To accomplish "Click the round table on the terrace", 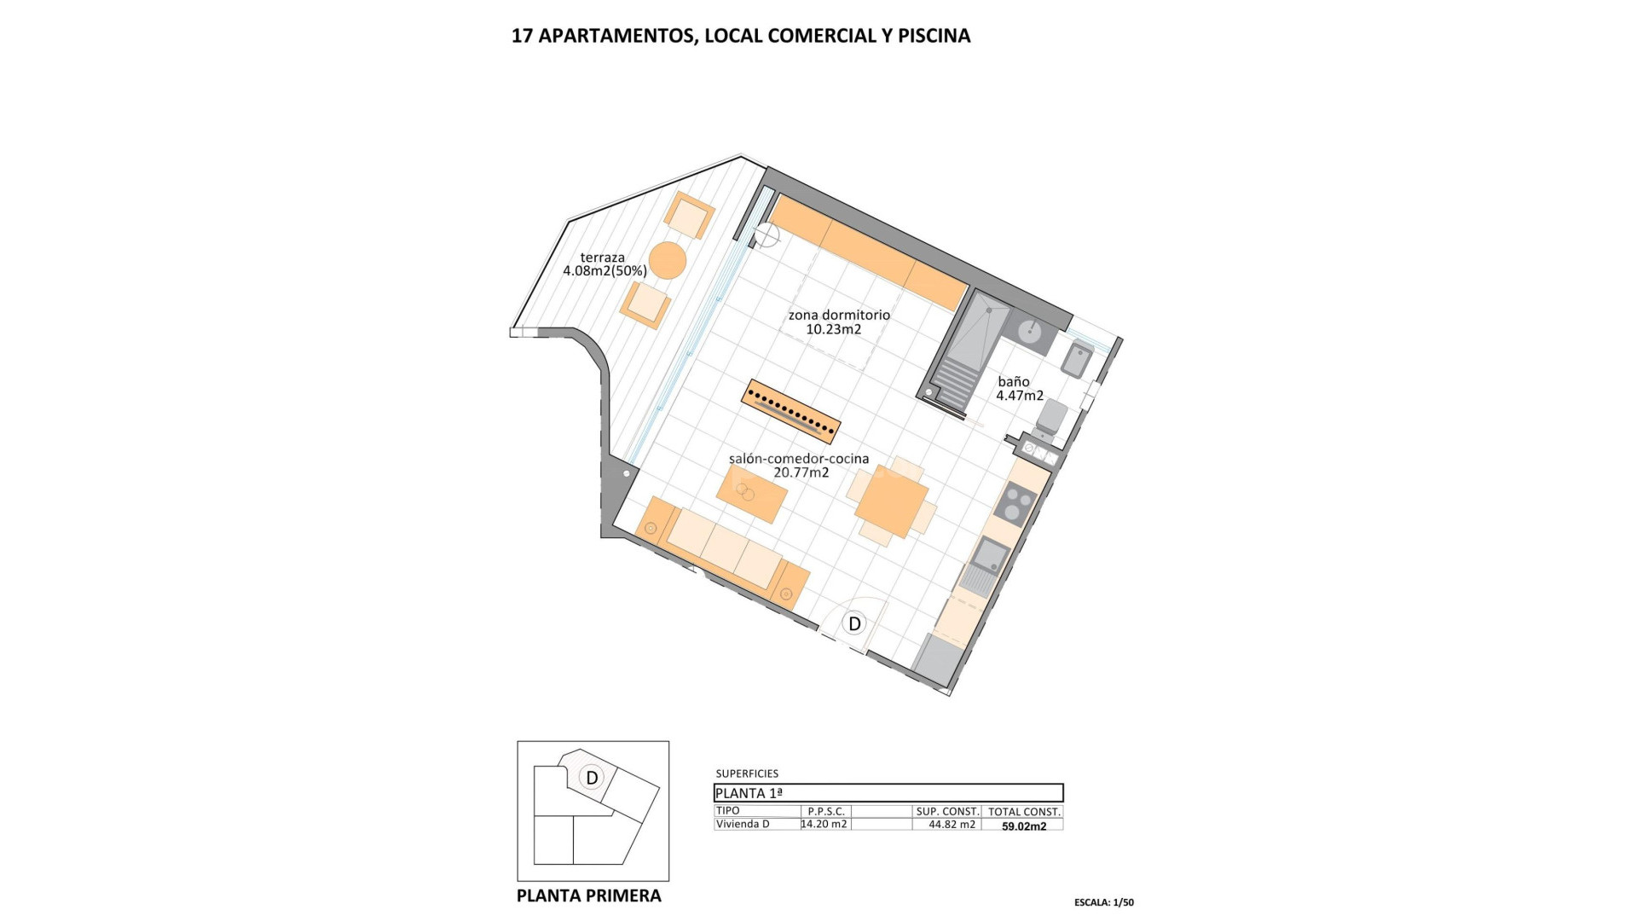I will click(667, 260).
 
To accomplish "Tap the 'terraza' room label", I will click(603, 258).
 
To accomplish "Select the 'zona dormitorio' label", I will click(839, 315).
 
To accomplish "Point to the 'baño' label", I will click(1014, 382).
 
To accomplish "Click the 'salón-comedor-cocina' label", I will click(799, 459).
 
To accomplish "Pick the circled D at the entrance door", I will click(854, 623).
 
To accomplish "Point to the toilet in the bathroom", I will click(1052, 417).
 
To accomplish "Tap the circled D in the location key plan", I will click(592, 778).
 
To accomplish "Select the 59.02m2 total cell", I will click(1023, 825).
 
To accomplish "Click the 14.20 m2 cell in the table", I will click(825, 824).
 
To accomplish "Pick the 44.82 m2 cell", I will click(952, 825).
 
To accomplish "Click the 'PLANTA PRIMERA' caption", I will click(588, 895).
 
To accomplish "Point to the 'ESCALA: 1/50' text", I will click(1103, 902).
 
